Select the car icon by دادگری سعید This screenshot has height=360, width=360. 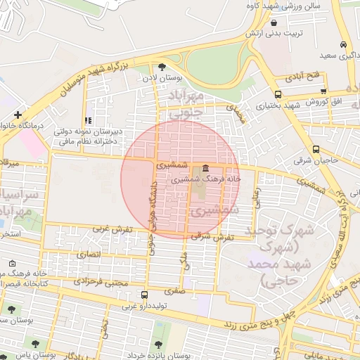click(x=342, y=44)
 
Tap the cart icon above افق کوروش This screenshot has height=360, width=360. click(x=323, y=91)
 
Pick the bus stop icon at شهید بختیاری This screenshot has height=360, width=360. click(x=278, y=94)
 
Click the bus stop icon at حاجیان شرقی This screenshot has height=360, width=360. click(x=316, y=149)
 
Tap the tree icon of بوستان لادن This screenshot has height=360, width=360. click(x=162, y=67)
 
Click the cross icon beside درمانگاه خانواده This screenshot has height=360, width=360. click(x=18, y=114)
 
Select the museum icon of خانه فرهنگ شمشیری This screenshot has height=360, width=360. click(x=205, y=168)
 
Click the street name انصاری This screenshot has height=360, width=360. click(x=89, y=252)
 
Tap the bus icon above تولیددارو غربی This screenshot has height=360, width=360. click(x=145, y=295)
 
